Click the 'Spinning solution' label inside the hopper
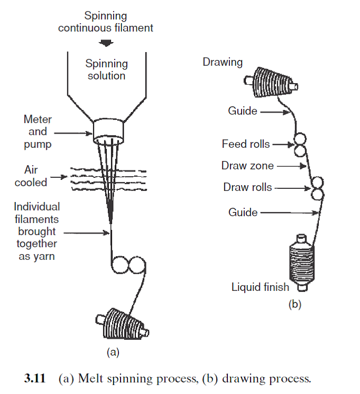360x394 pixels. point(106,69)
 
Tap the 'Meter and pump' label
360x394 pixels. point(37,132)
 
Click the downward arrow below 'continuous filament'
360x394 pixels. point(106,43)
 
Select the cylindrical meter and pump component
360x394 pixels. point(108,132)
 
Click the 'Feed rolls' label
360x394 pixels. point(246,144)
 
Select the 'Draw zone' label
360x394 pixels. point(247,166)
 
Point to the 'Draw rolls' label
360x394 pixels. point(247,187)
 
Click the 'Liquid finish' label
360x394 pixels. point(261,287)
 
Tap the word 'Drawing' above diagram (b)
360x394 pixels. point(223,62)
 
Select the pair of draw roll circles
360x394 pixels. point(317,188)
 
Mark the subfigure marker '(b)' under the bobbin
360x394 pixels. point(294,304)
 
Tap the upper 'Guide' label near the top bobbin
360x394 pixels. point(243,111)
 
